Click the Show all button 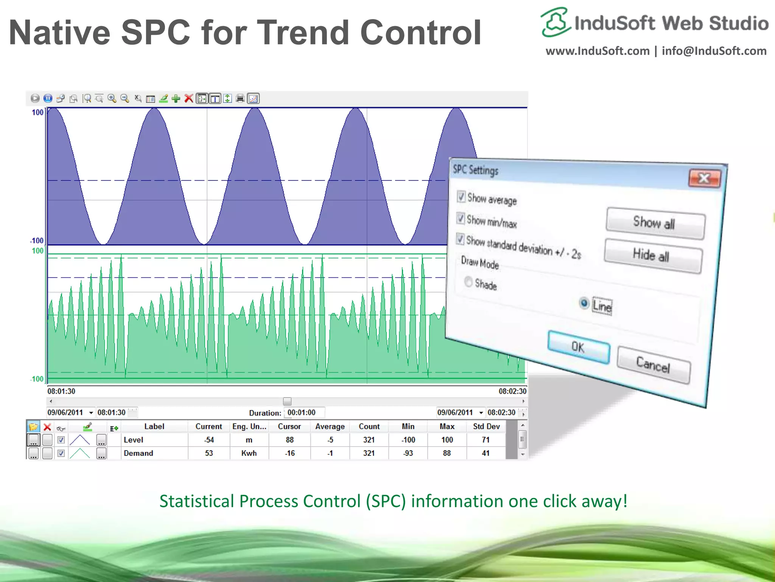tap(655, 223)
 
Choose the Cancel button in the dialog tap(653, 365)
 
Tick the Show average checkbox tap(461, 196)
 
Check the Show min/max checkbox tap(461, 218)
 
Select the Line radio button tap(584, 303)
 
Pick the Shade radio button tap(468, 282)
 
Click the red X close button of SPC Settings tap(704, 178)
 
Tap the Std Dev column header tap(486, 426)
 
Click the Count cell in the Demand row tap(369, 453)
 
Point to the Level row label tap(133, 440)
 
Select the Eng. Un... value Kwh tap(249, 453)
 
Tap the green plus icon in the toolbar tap(176, 99)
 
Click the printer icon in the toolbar tap(240, 99)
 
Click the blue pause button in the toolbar tap(48, 99)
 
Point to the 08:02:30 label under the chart tap(512, 391)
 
